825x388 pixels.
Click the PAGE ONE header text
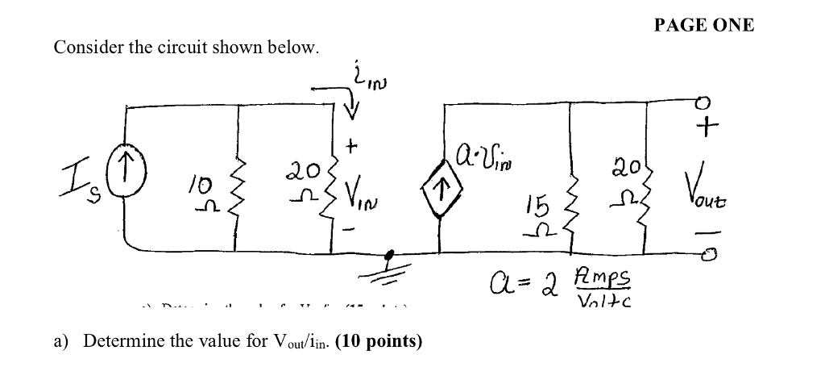[703, 25]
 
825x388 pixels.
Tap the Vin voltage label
[359, 194]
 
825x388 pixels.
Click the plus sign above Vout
[707, 127]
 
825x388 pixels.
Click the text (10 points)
[378, 340]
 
